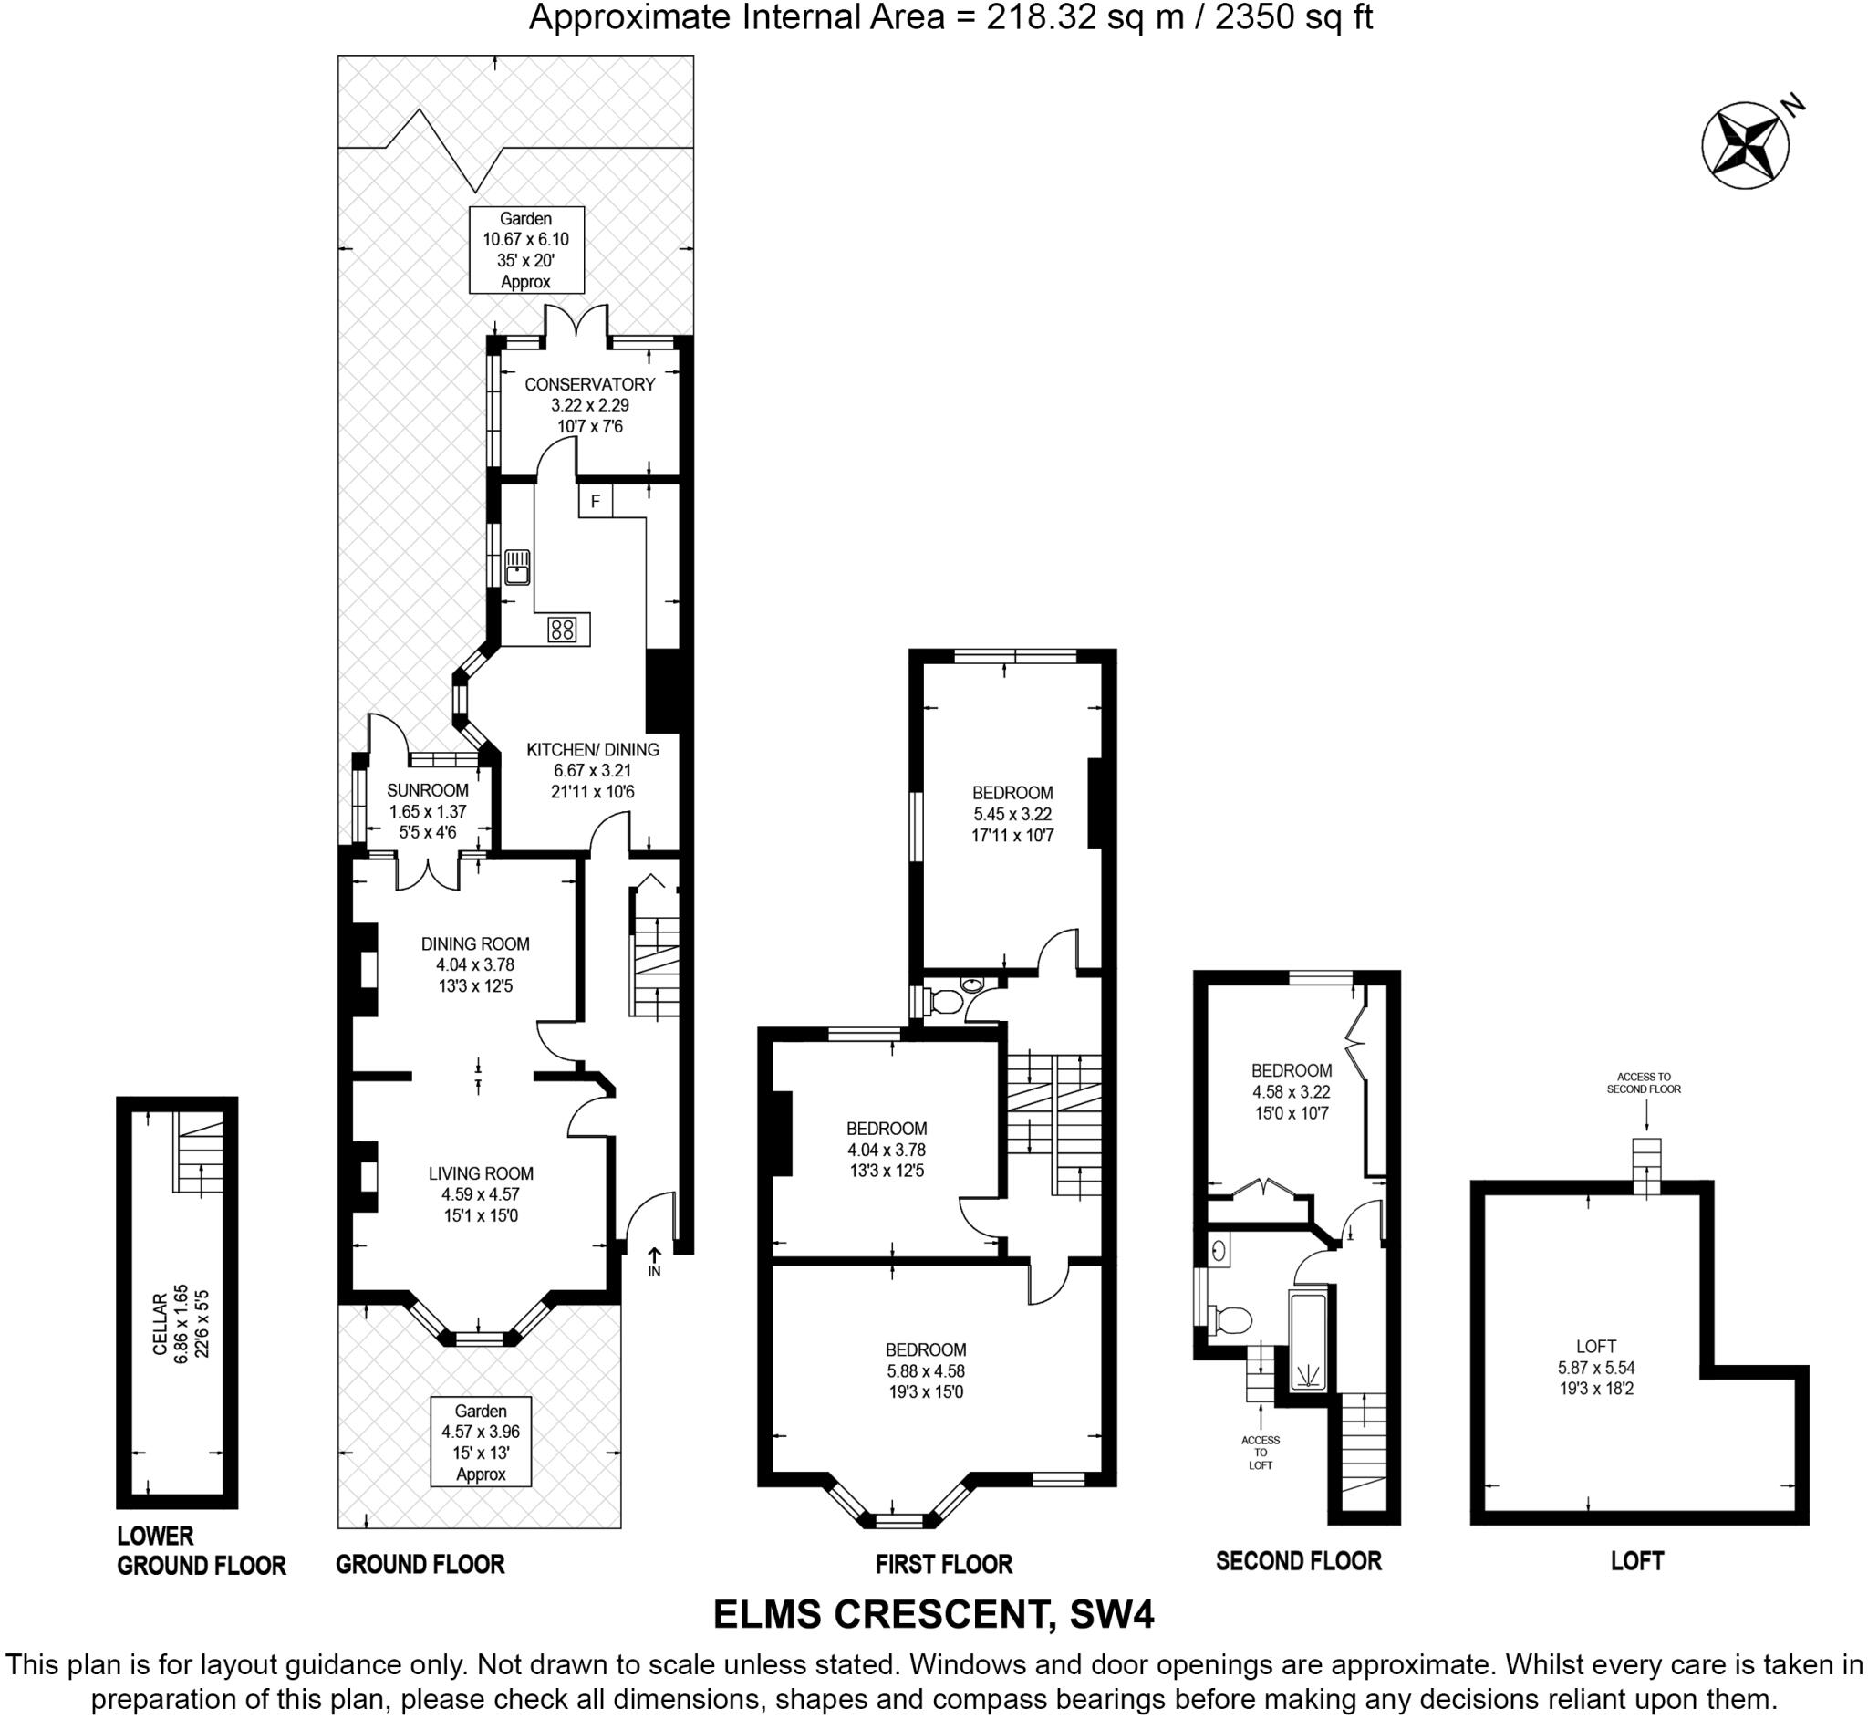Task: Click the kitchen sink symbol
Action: [x=517, y=567]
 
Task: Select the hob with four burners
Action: [x=562, y=630]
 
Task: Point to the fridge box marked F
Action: [x=595, y=503]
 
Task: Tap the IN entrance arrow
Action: [x=654, y=1262]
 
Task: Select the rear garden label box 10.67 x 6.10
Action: [x=525, y=249]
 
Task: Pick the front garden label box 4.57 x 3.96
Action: [x=481, y=1442]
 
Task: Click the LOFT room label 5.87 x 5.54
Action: [x=1595, y=1368]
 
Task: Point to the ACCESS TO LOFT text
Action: [x=1260, y=1452]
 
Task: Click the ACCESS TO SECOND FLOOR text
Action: [x=1644, y=1083]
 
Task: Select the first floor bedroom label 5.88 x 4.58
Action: [x=925, y=1370]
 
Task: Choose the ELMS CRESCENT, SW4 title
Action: [x=932, y=1614]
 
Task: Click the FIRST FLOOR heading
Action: [x=943, y=1564]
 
